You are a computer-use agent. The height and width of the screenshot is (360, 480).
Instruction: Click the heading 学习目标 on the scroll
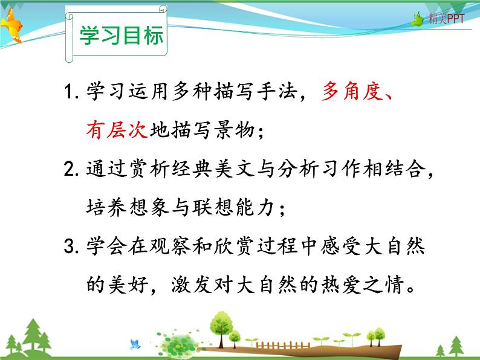(122, 36)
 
